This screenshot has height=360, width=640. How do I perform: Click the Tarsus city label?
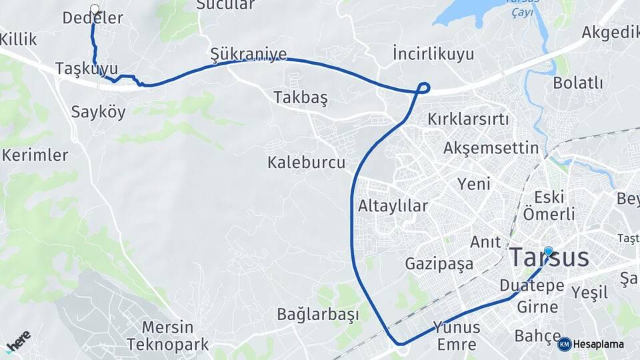pyautogui.click(x=549, y=258)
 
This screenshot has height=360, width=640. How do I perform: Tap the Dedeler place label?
pyautogui.click(x=93, y=19)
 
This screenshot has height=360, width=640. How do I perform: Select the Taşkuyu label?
pyautogui.click(x=87, y=69)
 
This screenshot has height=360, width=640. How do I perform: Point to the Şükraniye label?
pyautogui.click(x=248, y=54)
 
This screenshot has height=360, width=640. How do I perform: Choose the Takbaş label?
pyautogui.click(x=300, y=97)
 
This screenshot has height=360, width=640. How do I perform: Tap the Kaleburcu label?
pyautogui.click(x=306, y=162)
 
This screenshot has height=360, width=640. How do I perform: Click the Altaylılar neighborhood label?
pyautogui.click(x=393, y=205)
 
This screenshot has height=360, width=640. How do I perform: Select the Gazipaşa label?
pyautogui.click(x=439, y=264)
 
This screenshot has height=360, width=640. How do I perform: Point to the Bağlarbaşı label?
pyautogui.click(x=318, y=314)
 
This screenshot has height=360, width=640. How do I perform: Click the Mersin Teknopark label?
pyautogui.click(x=168, y=336)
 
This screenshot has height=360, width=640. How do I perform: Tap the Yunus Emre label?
pyautogui.click(x=457, y=335)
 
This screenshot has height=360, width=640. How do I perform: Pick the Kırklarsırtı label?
pyautogui.click(x=468, y=120)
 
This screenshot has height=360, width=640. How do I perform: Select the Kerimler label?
pyautogui.click(x=35, y=155)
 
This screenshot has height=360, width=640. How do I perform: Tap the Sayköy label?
pyautogui.click(x=99, y=111)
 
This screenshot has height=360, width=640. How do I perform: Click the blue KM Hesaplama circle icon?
pyautogui.click(x=564, y=344)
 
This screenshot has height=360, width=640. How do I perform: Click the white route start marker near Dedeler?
pyautogui.click(x=94, y=9)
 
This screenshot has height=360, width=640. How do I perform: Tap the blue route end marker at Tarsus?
pyautogui.click(x=548, y=251)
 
